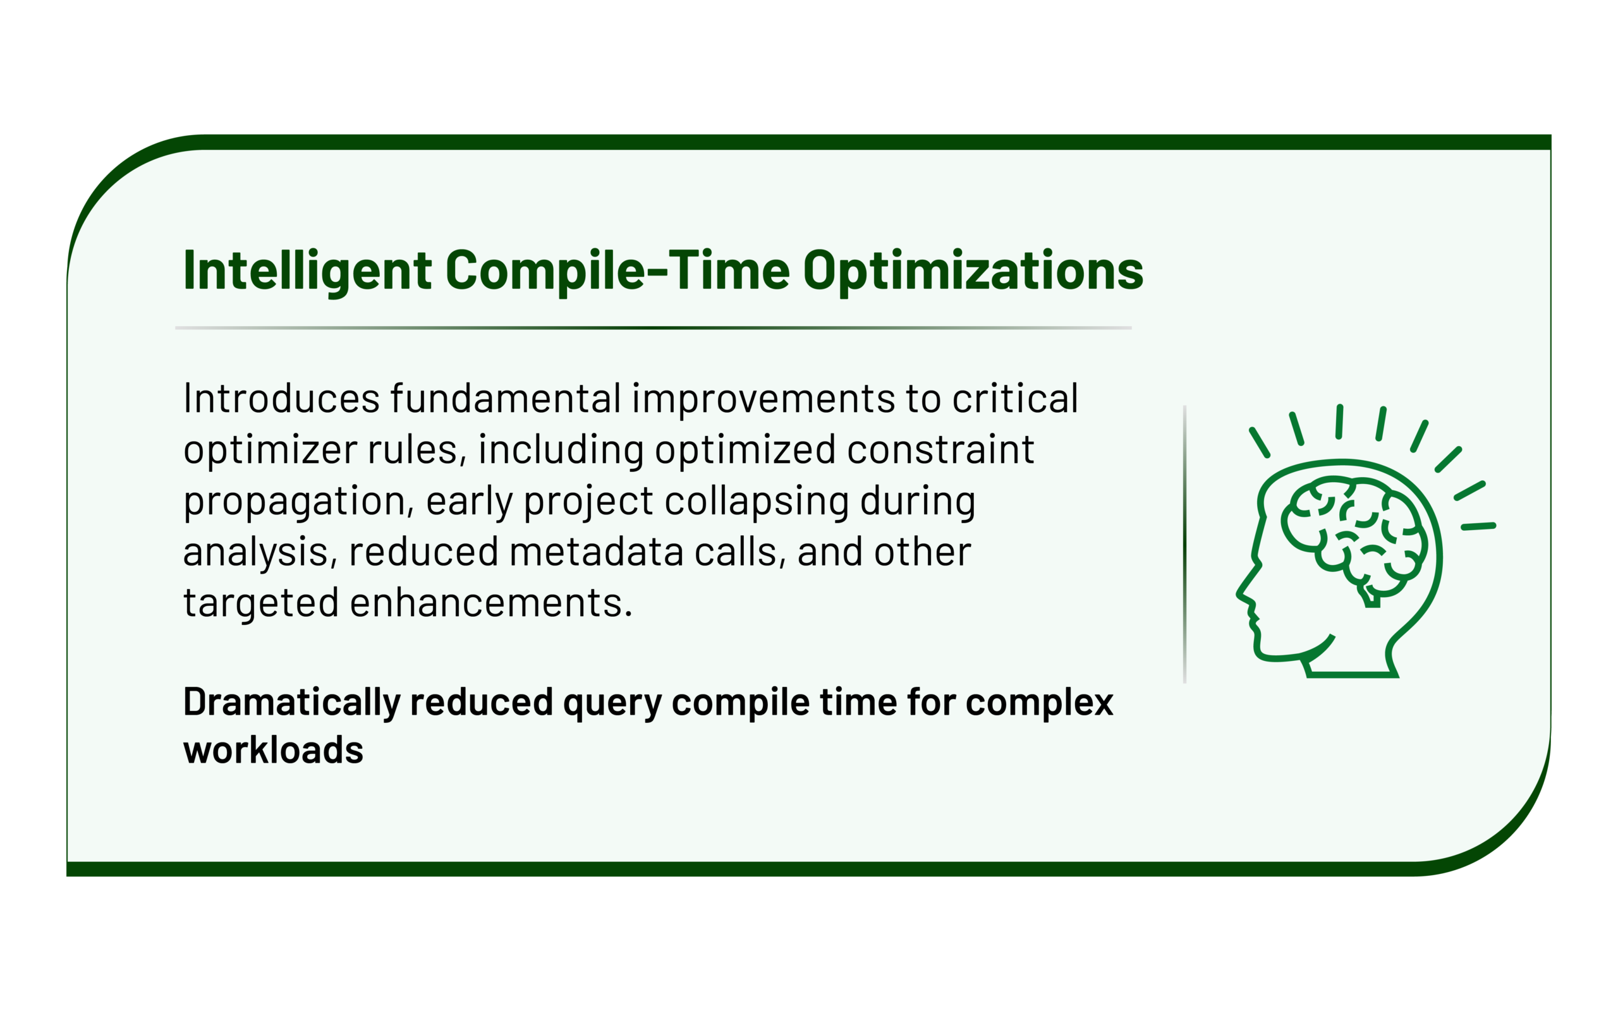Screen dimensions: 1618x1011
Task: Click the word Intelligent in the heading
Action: coord(308,271)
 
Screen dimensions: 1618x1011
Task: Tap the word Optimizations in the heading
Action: coord(973,271)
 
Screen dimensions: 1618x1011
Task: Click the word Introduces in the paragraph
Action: coord(281,399)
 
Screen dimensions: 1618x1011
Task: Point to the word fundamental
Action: coord(506,399)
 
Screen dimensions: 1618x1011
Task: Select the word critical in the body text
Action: coord(1015,399)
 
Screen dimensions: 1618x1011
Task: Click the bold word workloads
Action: coord(274,750)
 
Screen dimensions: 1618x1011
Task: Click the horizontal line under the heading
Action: coord(654,329)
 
